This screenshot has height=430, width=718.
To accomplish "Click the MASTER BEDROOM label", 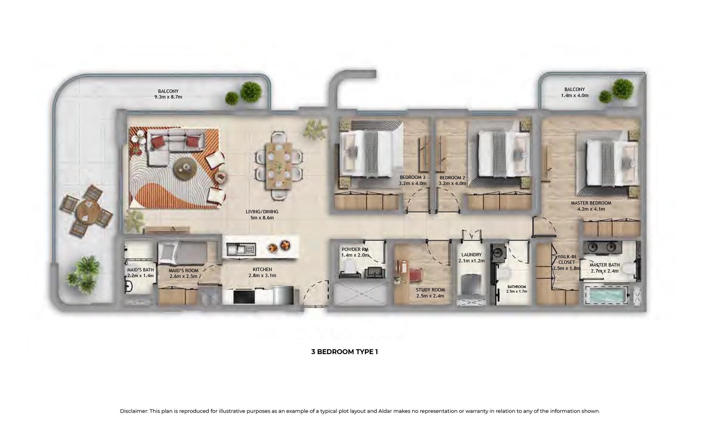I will click(591, 203).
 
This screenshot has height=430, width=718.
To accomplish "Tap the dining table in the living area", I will click(279, 165).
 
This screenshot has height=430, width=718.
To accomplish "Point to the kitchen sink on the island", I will click(241, 249).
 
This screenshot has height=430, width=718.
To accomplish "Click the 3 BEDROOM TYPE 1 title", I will click(344, 352).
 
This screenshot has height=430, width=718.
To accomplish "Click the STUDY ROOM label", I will click(430, 290).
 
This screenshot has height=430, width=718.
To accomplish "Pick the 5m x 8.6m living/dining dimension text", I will click(262, 218).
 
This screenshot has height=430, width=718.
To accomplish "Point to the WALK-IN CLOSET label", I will click(566, 259).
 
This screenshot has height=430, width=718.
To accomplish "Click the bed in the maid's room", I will click(181, 253).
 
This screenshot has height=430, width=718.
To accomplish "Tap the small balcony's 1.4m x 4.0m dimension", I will click(574, 96).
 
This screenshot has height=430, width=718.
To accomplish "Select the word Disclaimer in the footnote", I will click(133, 411).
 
